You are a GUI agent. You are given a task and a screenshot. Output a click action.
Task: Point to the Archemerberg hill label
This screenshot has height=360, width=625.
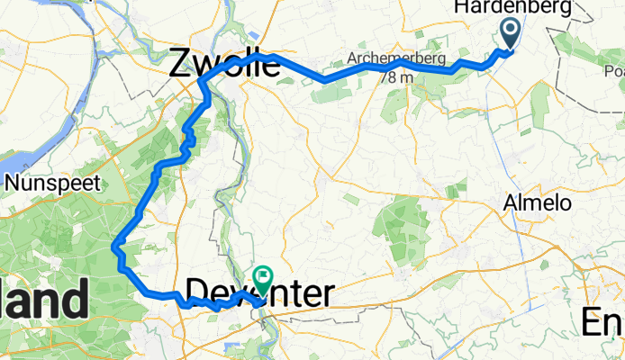388,60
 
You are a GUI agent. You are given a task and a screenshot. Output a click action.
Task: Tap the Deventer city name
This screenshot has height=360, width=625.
260,293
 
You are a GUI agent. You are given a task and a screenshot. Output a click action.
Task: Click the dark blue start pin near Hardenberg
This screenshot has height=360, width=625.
509,34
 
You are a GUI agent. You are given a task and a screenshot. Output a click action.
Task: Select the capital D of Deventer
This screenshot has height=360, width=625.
197,293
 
